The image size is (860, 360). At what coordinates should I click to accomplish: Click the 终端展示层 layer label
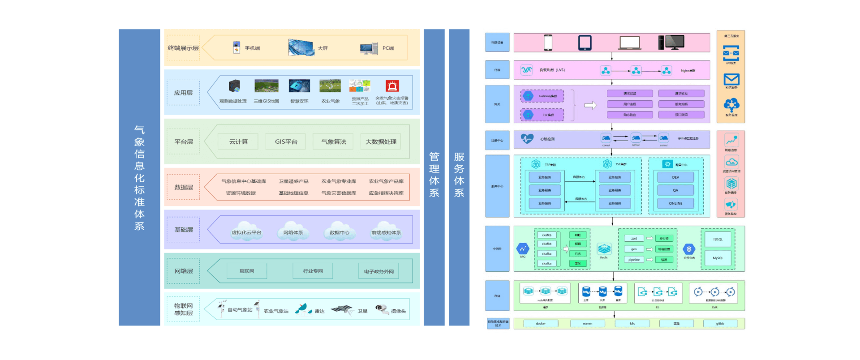point(183,48)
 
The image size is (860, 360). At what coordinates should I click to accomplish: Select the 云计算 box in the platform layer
point(238,141)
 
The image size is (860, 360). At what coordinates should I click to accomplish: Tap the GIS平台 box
point(286,141)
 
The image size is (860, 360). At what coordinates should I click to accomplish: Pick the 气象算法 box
point(334,141)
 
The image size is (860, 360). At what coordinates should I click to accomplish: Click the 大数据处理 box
point(381,141)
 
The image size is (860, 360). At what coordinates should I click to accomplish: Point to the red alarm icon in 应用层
point(392,86)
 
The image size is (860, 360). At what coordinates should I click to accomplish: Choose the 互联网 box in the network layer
point(247,271)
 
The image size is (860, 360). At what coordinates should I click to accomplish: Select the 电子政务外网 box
point(378,271)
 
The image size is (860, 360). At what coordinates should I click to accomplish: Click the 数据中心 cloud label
point(339,232)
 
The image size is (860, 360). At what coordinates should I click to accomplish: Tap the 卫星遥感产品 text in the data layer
point(293,181)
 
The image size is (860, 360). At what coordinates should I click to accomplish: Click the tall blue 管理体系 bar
point(434,177)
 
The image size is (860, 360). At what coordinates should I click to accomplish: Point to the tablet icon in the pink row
point(585,43)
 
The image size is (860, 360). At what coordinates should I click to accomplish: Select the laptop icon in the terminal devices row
point(629,43)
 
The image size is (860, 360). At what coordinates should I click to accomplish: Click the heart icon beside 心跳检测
point(527,139)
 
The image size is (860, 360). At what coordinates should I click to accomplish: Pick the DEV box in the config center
point(675,177)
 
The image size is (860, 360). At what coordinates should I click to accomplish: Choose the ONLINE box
point(675,203)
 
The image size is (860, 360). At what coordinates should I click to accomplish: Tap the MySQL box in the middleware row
point(718,258)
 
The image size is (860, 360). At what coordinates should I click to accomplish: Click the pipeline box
point(634,260)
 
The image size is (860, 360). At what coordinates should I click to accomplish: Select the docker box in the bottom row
point(541,323)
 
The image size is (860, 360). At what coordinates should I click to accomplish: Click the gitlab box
point(720,323)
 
